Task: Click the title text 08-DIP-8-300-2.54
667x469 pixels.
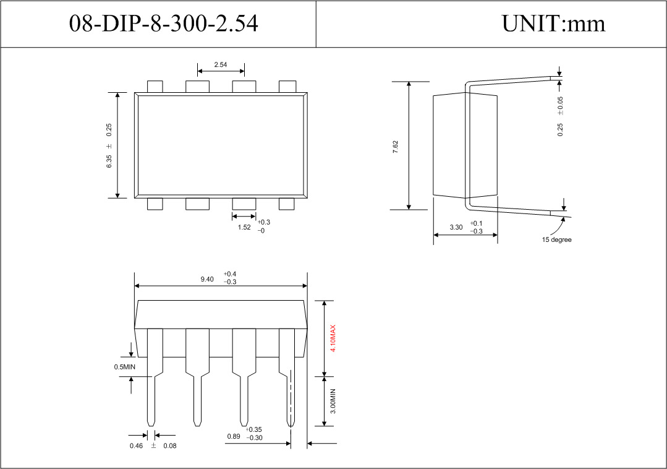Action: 163,24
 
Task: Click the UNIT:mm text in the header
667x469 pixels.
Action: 553,24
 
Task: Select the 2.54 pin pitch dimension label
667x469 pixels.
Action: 220,64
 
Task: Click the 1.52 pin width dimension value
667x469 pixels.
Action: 244,227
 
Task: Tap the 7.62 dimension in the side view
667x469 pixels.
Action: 396,147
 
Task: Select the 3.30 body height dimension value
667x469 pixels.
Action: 456,227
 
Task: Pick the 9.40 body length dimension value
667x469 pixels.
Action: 207,279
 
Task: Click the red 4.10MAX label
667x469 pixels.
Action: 333,338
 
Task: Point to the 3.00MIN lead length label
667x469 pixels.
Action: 333,402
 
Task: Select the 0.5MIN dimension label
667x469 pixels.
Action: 124,367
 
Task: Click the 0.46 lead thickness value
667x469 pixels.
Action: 135,446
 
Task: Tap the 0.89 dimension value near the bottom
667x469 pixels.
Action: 234,437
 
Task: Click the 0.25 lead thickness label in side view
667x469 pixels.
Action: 560,129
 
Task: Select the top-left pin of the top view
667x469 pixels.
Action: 155,87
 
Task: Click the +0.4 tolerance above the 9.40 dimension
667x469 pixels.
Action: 231,273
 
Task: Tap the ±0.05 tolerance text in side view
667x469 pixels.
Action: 560,105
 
